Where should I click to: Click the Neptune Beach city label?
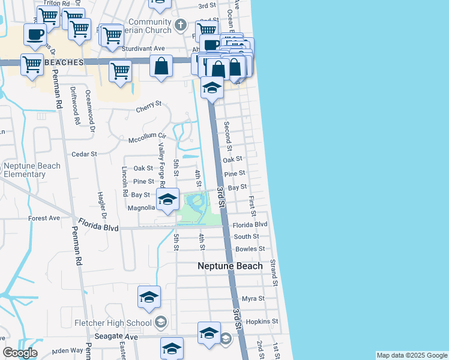pos(231,266)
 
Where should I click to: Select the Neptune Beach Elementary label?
pos(32,170)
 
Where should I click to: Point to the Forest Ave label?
pos(44,218)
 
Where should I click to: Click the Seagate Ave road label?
pos(119,337)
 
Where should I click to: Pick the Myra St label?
pos(253,299)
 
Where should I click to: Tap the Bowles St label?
pos(250,248)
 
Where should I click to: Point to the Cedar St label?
pos(84,154)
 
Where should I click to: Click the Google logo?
pos(20,353)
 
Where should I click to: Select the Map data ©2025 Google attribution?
pos(411,355)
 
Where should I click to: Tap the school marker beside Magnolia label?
pos(167,199)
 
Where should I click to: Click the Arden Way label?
pos(67,350)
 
